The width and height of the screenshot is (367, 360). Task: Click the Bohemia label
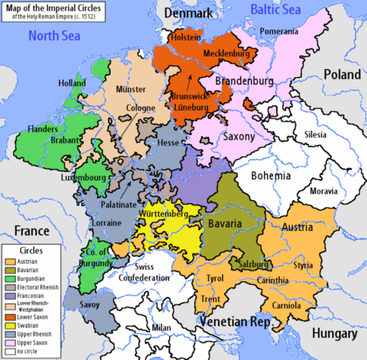(x=271, y=176)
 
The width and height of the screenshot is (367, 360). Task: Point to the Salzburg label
(x=253, y=265)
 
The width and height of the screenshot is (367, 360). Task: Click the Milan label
(x=160, y=328)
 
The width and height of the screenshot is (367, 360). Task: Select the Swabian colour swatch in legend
(x=10, y=325)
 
